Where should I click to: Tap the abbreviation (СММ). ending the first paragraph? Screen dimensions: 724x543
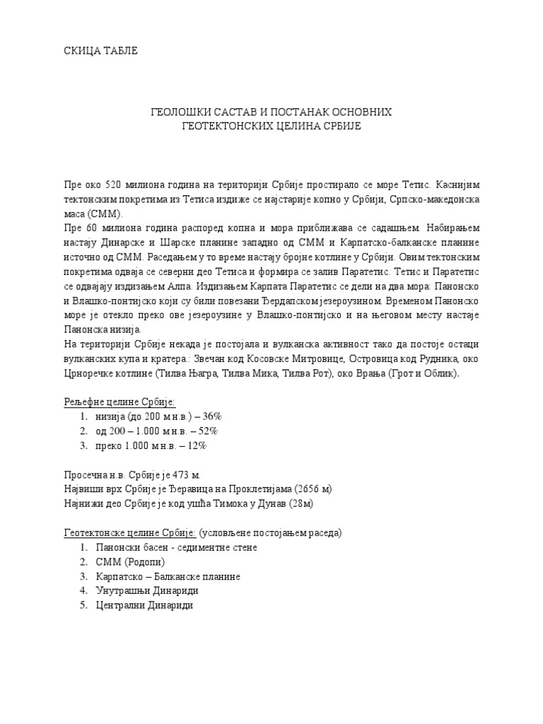(104, 213)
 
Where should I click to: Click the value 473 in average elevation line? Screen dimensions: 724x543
(180, 475)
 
